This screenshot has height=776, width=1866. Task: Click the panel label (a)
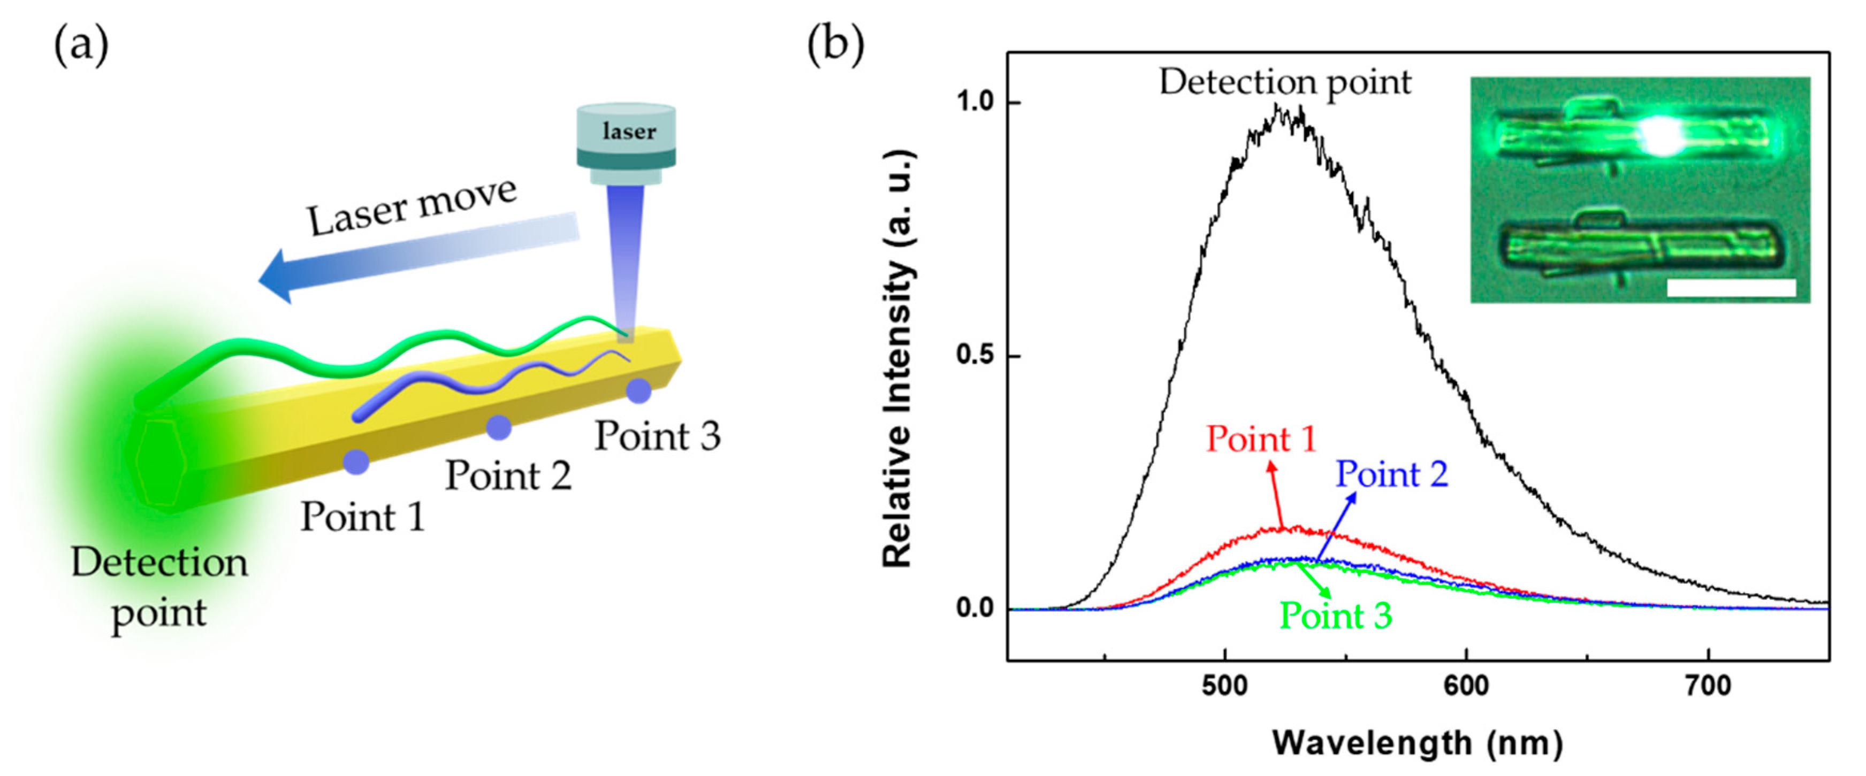81,45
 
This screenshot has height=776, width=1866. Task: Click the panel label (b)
835,45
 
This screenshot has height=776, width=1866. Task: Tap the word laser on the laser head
629,132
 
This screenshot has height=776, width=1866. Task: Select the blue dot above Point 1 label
356,461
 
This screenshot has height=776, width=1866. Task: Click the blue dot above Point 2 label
498,427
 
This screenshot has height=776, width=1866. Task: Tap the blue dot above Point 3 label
638,390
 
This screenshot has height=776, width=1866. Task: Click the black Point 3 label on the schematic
657,436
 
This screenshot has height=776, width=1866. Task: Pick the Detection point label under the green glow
159,587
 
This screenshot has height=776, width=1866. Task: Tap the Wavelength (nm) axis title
1418,743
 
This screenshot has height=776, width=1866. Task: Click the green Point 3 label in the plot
1336,616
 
